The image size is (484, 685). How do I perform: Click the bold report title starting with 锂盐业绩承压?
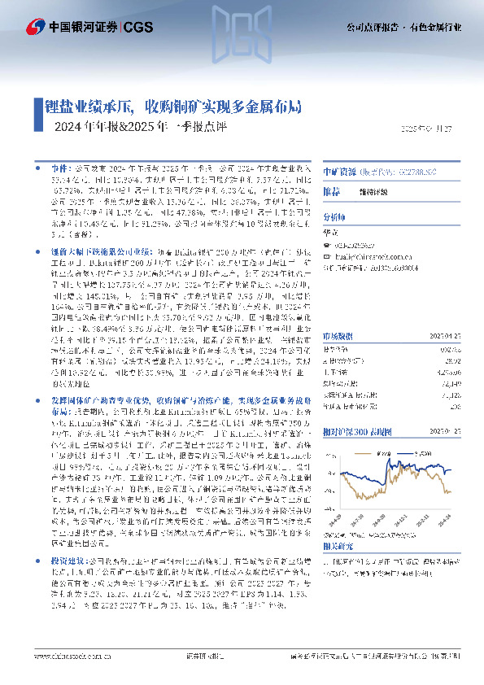176,107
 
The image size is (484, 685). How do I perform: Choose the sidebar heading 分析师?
334,218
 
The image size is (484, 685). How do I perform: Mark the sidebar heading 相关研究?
338,548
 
